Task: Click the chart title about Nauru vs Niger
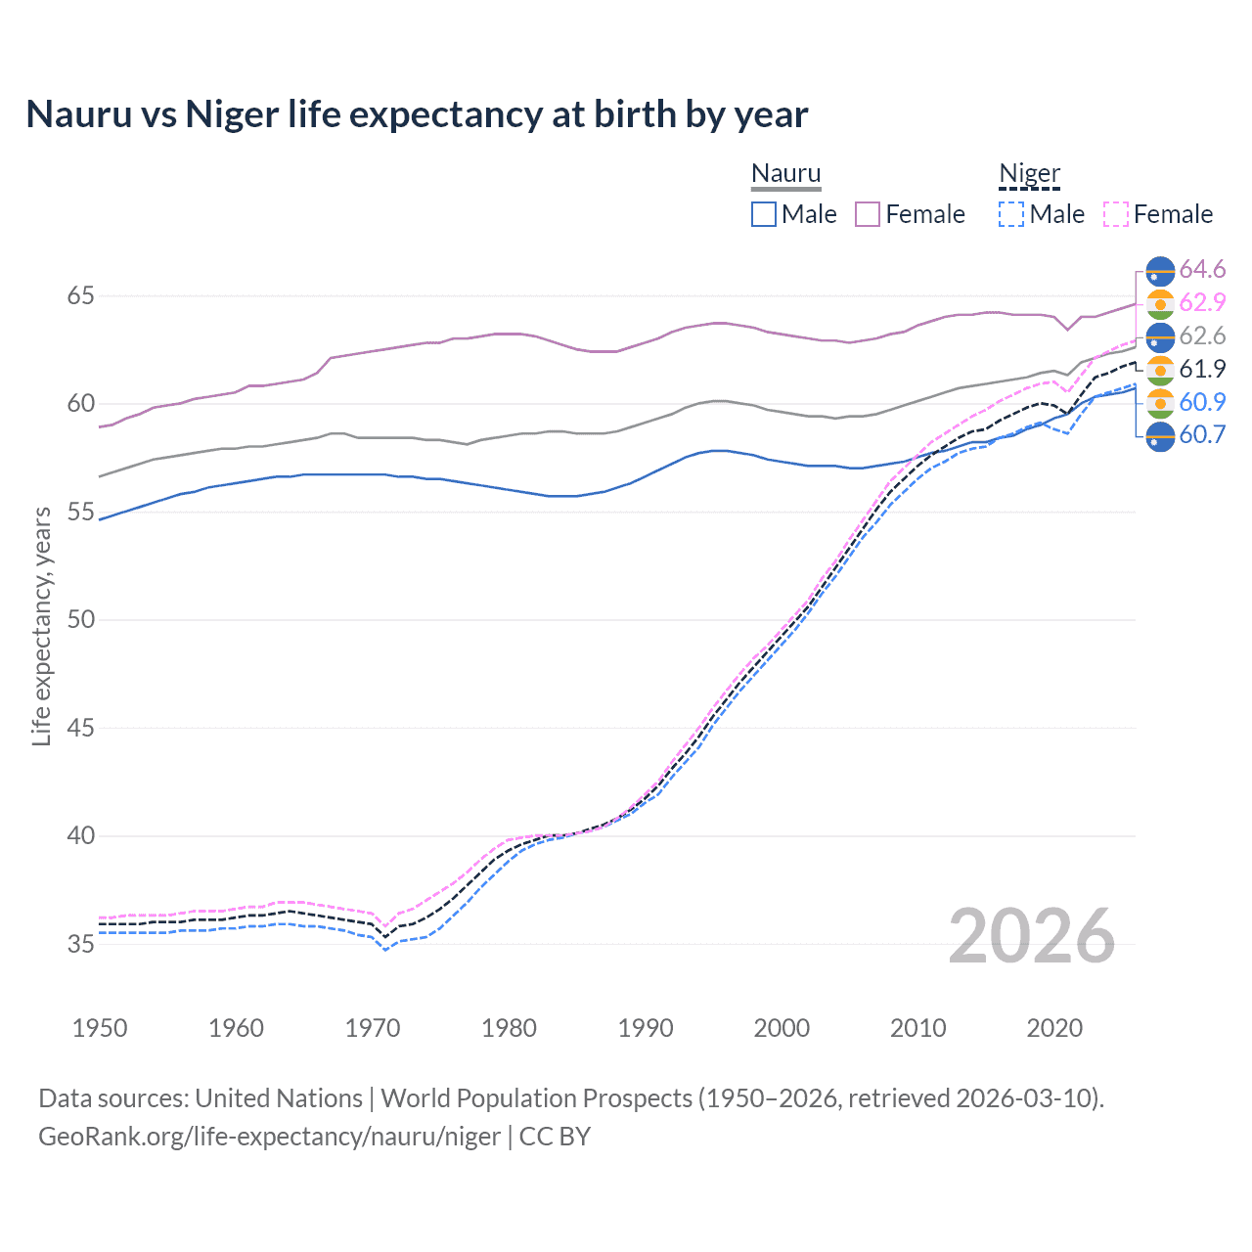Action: tap(417, 114)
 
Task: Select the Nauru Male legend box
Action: tap(764, 214)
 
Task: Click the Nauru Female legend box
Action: tap(868, 214)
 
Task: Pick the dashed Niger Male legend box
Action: tap(1011, 214)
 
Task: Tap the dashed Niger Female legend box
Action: tap(1116, 214)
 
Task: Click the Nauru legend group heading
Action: tap(785, 173)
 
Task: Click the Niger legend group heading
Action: tap(1029, 173)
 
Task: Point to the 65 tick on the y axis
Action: tap(80, 295)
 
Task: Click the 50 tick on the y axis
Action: tap(80, 619)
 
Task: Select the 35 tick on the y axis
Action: tap(80, 944)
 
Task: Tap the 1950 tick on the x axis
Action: tap(100, 1028)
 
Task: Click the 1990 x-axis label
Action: tap(646, 1028)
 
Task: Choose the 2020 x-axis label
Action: tap(1054, 1028)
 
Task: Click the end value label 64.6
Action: tap(1202, 269)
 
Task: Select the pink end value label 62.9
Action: tap(1202, 302)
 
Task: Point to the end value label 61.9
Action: tap(1202, 369)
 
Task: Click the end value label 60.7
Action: tap(1202, 434)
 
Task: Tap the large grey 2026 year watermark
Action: tap(1031, 936)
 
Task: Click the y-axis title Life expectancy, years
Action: tap(42, 626)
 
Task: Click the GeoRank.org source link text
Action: tap(269, 1137)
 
